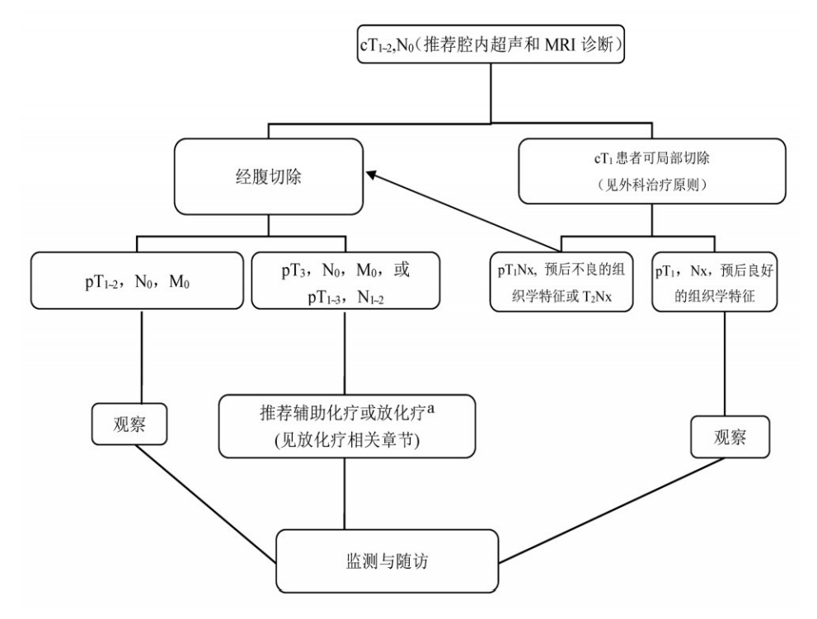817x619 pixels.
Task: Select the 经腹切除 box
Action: click(x=269, y=176)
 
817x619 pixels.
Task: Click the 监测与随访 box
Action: click(x=387, y=563)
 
